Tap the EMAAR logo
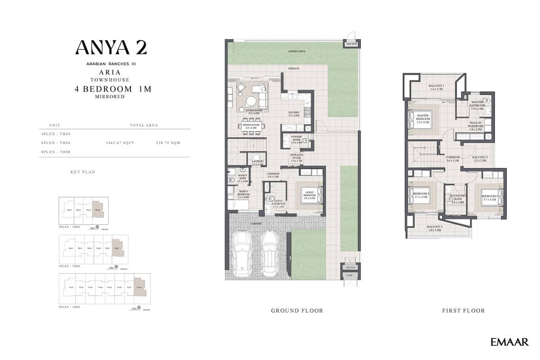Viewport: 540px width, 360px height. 509,342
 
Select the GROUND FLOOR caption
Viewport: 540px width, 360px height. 297,310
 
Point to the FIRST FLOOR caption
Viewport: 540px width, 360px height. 463,310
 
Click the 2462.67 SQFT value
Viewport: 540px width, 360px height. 120,143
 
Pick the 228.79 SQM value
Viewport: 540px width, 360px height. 168,143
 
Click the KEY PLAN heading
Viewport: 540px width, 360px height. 83,172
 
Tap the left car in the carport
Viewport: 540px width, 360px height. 243,254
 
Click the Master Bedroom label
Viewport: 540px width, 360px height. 423,117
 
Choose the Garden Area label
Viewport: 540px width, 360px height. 297,52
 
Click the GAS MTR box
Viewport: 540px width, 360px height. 351,44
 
